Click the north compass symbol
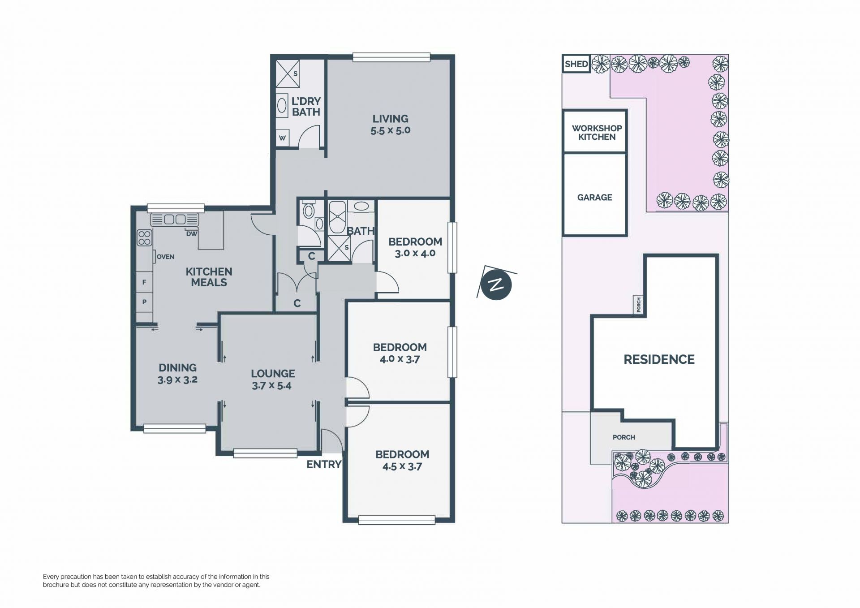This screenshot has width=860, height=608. click(496, 284)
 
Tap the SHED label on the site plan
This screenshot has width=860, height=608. click(576, 64)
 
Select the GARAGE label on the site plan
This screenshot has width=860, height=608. click(594, 197)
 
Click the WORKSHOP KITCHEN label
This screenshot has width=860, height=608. click(597, 133)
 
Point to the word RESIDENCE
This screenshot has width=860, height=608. click(659, 359)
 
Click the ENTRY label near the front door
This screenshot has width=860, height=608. click(324, 465)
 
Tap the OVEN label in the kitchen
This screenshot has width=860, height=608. click(165, 257)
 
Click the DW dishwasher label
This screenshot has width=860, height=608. click(192, 233)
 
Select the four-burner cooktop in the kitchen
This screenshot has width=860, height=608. click(144, 237)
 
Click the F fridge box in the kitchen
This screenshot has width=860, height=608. click(144, 282)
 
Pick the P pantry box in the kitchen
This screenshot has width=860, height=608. click(144, 302)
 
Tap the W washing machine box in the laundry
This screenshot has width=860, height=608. click(282, 138)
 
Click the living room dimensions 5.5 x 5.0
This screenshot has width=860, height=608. click(390, 131)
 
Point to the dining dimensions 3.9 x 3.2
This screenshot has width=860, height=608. click(177, 380)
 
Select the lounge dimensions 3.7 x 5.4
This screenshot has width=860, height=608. click(271, 386)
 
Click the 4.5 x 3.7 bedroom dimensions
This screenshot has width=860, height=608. click(402, 466)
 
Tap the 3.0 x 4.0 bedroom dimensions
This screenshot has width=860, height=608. click(415, 253)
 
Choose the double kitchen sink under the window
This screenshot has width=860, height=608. click(175, 220)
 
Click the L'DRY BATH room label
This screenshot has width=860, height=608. click(306, 107)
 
